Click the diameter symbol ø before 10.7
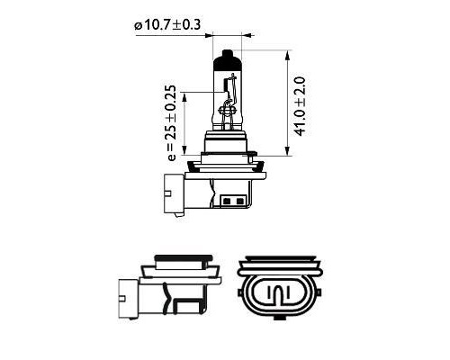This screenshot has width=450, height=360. pos(139,25)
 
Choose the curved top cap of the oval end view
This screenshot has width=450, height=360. pos(278,266)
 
